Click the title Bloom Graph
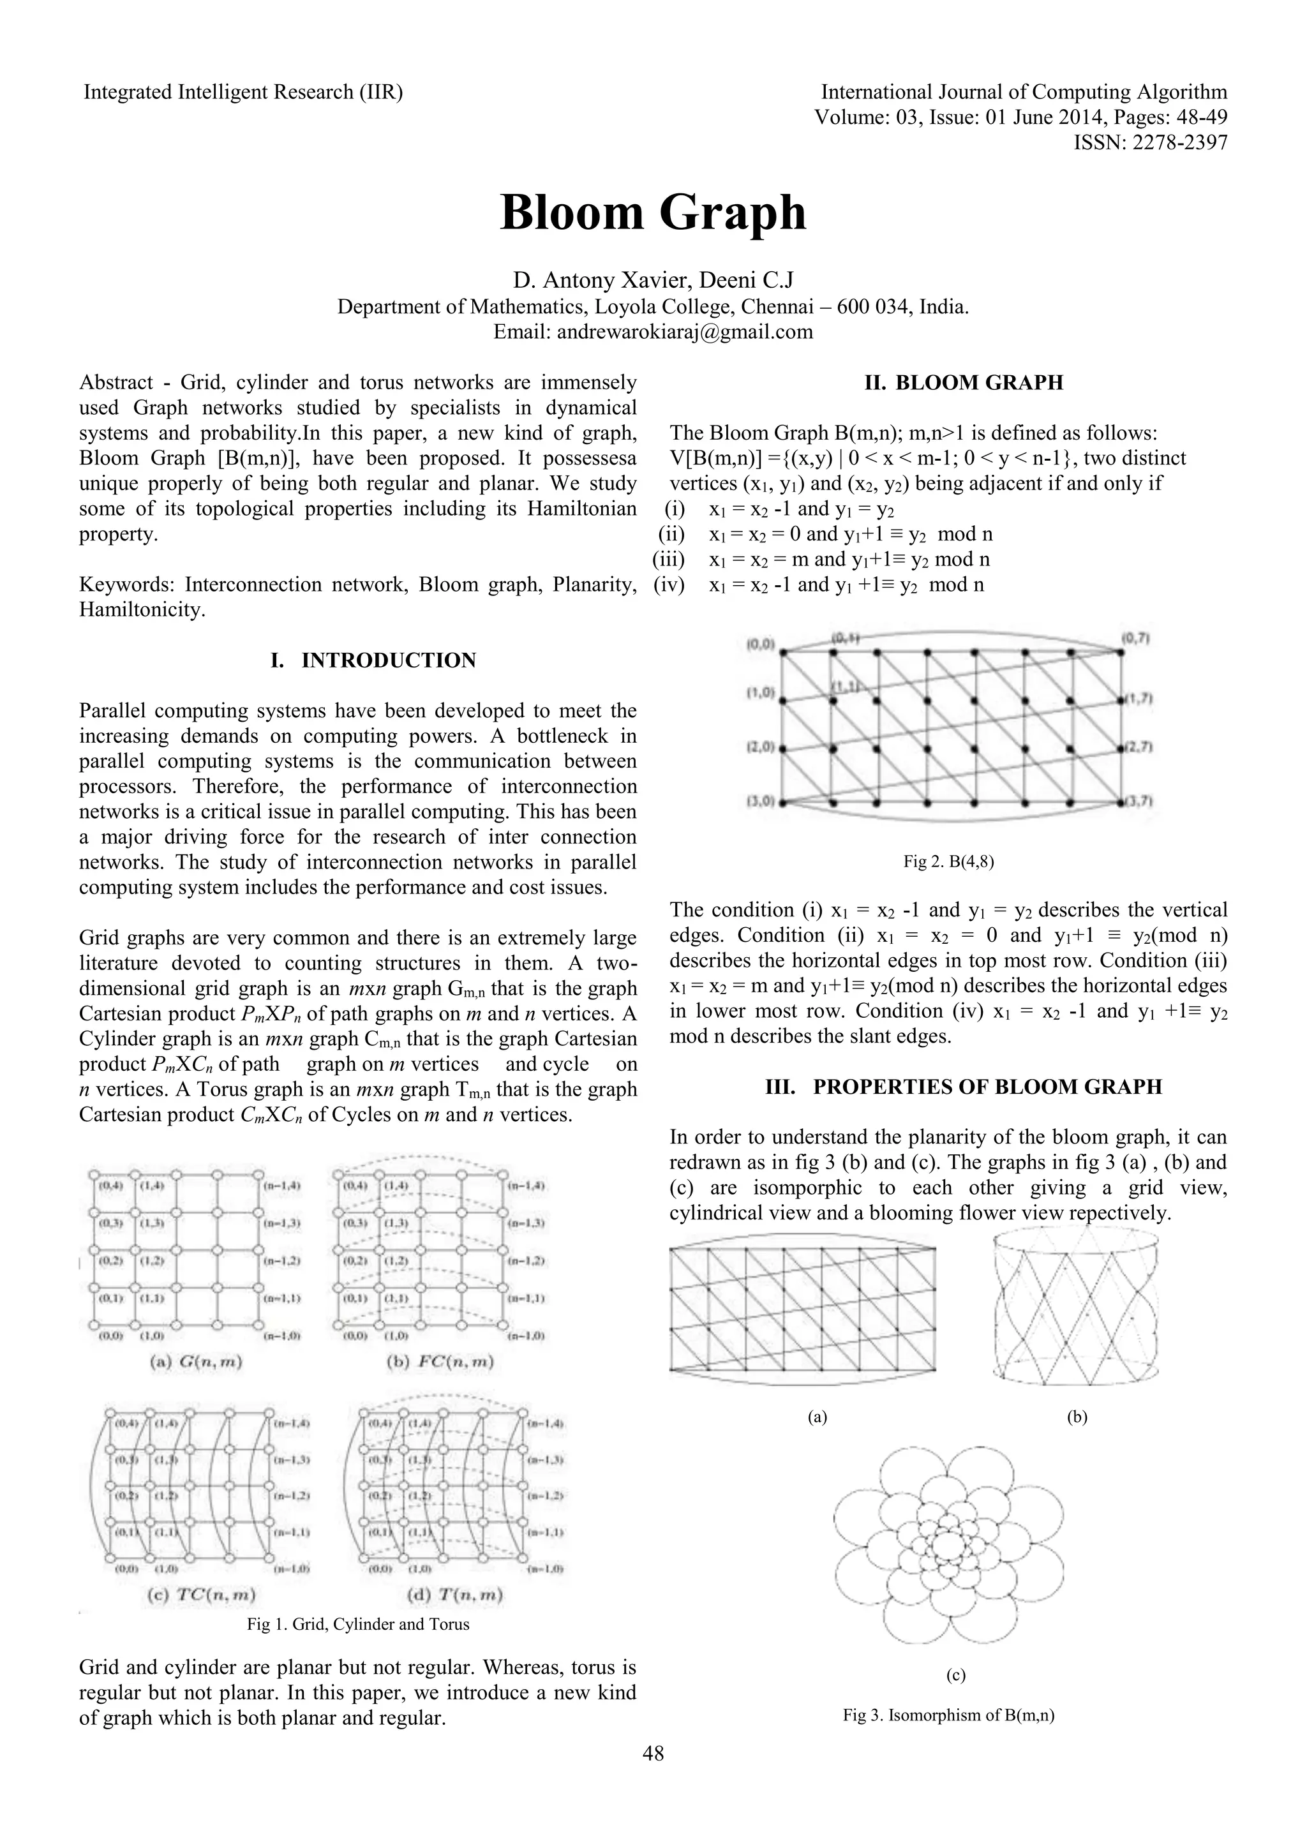tap(653, 213)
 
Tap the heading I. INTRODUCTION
tap(373, 661)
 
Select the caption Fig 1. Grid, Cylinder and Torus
tap(357, 1624)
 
